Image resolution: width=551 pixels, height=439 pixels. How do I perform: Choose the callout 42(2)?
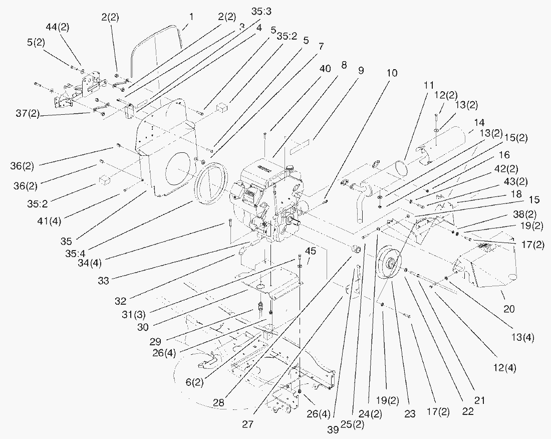click(520, 168)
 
